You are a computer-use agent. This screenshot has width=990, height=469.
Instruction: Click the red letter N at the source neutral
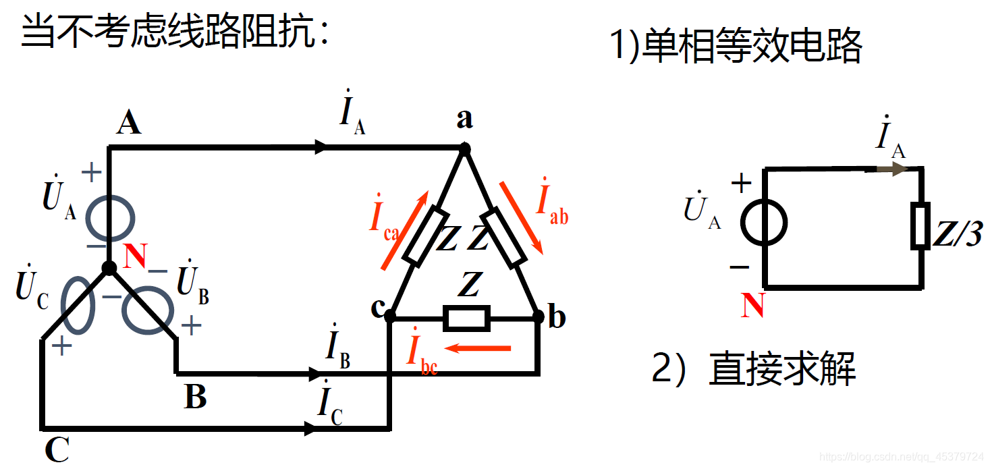(136, 256)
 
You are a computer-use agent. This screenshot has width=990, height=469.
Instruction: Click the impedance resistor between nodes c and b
(466, 317)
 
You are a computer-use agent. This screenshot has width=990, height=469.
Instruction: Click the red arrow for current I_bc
(480, 348)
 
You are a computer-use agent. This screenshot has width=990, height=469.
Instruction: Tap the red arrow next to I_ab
(521, 216)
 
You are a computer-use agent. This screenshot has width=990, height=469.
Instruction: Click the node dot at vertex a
(464, 148)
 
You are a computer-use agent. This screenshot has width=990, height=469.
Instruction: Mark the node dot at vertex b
(538, 316)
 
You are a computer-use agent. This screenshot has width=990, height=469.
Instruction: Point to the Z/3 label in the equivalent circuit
(958, 234)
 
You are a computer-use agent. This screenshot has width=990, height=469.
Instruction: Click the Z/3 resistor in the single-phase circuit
(920, 225)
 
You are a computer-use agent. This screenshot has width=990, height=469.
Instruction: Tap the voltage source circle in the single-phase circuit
(765, 222)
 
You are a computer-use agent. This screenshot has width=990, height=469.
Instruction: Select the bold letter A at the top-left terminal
(128, 123)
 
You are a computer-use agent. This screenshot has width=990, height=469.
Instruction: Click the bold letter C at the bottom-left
(57, 449)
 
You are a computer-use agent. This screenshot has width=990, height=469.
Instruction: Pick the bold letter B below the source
(196, 397)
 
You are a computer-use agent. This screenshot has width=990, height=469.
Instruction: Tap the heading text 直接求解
(782, 369)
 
